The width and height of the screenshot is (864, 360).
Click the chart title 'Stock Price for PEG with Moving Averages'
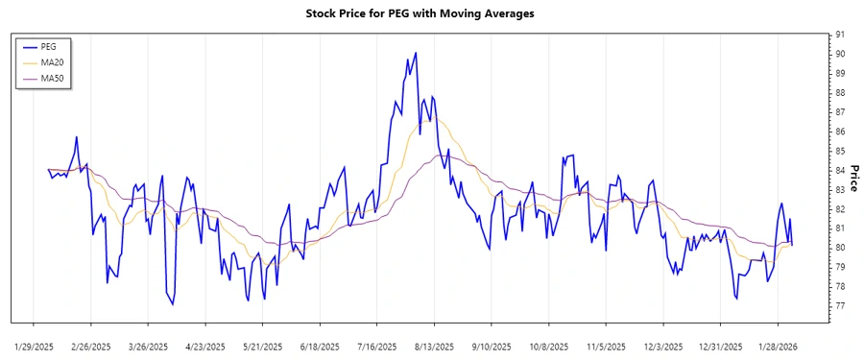coord(432,13)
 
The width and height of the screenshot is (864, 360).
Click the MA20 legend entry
coord(52,61)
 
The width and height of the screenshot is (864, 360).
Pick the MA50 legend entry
coord(52,78)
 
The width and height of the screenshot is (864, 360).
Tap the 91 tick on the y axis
coord(840,35)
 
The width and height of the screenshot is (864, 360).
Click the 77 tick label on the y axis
coord(840,306)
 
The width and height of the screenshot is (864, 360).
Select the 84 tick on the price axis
coord(840,170)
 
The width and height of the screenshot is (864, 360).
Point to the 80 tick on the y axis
coord(840,248)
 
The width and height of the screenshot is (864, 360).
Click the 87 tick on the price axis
coord(840,112)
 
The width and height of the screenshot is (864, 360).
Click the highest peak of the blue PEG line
coord(415,53)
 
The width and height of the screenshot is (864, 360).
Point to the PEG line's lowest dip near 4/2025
coord(173,304)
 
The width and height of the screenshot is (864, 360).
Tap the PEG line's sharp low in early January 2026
coord(736,299)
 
